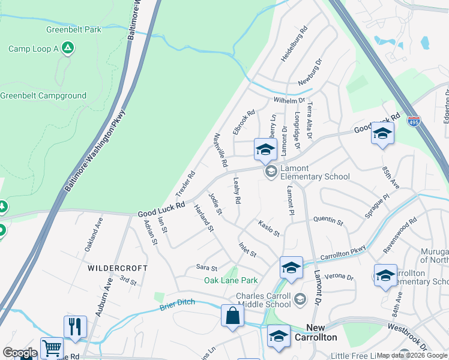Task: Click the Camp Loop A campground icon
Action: click(68, 49)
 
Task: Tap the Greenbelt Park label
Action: click(73, 29)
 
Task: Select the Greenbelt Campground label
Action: click(43, 95)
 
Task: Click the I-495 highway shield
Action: click(414, 121)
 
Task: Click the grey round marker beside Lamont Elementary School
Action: click(271, 172)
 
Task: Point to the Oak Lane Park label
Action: click(231, 280)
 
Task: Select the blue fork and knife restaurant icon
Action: click(75, 327)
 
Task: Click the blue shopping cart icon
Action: click(52, 348)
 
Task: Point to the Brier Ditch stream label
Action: click(178, 305)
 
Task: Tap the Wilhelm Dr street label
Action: click(289, 101)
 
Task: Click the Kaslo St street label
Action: click(269, 229)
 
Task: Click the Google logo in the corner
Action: click(20, 353)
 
